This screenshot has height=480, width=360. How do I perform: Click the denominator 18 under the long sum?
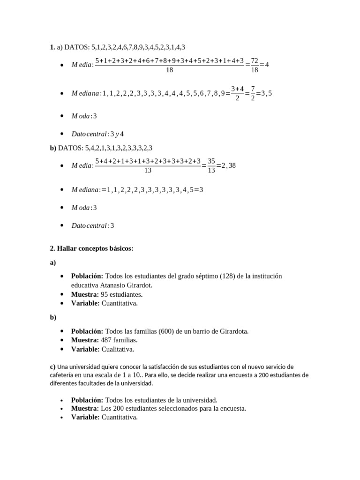(x=170, y=70)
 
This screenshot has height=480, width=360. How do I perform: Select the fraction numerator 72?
(x=255, y=60)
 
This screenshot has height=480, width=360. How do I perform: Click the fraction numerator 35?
(x=211, y=161)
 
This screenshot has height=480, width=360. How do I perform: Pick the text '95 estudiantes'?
(x=121, y=294)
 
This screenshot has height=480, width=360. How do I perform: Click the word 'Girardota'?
(x=233, y=331)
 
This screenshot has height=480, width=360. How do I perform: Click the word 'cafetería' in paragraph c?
(x=64, y=375)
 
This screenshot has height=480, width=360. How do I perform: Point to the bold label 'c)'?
(x=52, y=367)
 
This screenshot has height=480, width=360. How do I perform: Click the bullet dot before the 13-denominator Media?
(x=62, y=166)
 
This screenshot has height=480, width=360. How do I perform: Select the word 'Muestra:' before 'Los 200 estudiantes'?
(x=85, y=408)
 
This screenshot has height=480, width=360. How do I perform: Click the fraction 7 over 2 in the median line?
(x=253, y=93)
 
